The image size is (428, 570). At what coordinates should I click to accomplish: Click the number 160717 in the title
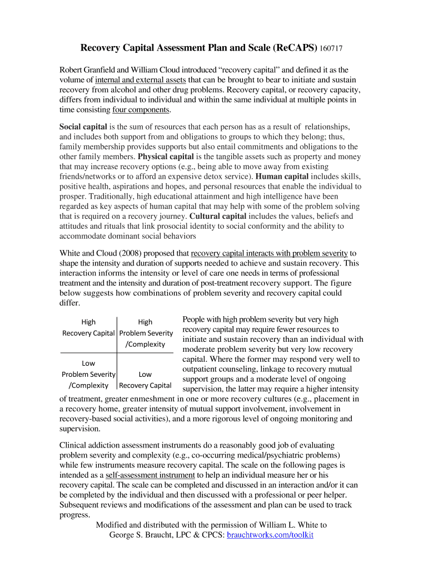click(x=331, y=49)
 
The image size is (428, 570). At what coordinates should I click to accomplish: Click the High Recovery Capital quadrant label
click(x=88, y=328)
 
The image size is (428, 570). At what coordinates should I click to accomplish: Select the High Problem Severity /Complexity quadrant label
click(x=145, y=333)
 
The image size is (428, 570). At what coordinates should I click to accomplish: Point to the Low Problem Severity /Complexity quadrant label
click(x=88, y=374)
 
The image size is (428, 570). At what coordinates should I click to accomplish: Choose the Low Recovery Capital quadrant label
click(x=145, y=380)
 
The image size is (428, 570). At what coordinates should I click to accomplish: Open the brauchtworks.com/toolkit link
click(x=270, y=535)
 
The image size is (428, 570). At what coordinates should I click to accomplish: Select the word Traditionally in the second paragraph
click(x=103, y=196)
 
